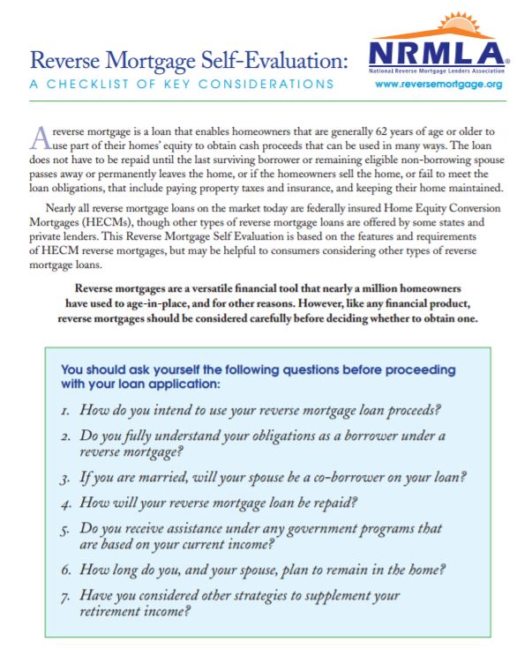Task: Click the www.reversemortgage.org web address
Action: tap(438, 85)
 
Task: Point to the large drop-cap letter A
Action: tap(39, 136)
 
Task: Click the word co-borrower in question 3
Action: tap(343, 477)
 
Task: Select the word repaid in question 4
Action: tap(338, 503)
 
